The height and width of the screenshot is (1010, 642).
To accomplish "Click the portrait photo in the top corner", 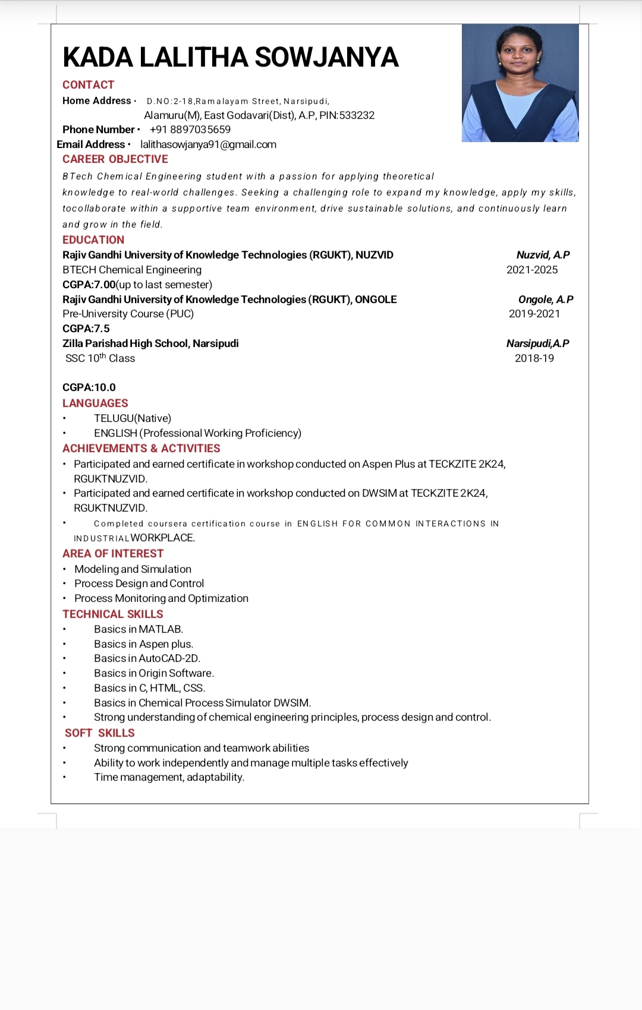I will pyautogui.click(x=520, y=83).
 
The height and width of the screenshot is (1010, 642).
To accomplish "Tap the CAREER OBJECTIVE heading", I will pyautogui.click(x=115, y=159).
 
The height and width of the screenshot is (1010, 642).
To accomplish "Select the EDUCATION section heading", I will pyautogui.click(x=93, y=240).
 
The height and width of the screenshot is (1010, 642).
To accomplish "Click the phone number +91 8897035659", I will pyautogui.click(x=190, y=130).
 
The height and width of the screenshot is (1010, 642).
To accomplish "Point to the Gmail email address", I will pyautogui.click(x=208, y=144).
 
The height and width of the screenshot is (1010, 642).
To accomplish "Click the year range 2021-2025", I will pyautogui.click(x=532, y=270).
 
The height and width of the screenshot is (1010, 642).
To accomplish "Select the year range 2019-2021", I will pyautogui.click(x=534, y=314).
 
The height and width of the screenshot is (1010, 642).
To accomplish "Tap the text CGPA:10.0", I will pyautogui.click(x=89, y=387).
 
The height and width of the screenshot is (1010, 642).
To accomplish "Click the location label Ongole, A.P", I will pyautogui.click(x=546, y=299).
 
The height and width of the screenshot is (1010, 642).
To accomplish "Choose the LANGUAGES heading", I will pyautogui.click(x=95, y=403).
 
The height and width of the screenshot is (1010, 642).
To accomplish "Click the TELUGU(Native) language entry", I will pyautogui.click(x=133, y=418).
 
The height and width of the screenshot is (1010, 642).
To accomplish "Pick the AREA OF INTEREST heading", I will pyautogui.click(x=113, y=554).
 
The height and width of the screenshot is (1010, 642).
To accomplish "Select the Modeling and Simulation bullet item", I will pyautogui.click(x=133, y=569).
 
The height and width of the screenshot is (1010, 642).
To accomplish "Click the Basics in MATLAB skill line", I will pyautogui.click(x=139, y=629).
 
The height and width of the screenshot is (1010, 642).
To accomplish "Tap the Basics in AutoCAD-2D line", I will pyautogui.click(x=147, y=658).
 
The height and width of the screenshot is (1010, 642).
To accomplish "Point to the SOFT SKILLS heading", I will pyautogui.click(x=100, y=733).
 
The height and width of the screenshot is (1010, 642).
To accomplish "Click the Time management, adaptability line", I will pyautogui.click(x=169, y=777).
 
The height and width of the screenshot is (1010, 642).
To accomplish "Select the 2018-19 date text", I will pyautogui.click(x=534, y=358).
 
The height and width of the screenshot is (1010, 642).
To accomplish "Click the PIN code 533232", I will pyautogui.click(x=357, y=115).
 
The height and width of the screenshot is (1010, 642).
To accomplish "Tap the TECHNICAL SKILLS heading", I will pyautogui.click(x=113, y=614).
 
